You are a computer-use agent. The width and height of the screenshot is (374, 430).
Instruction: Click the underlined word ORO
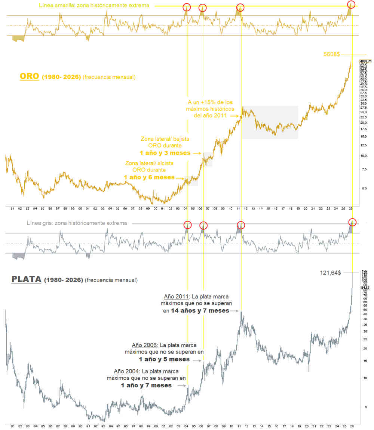[x=30, y=76]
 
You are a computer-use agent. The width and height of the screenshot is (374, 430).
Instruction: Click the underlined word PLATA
[x=26, y=279]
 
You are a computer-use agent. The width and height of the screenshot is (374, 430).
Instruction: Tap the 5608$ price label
[x=331, y=54]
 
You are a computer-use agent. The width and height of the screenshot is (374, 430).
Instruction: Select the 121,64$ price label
[x=331, y=272]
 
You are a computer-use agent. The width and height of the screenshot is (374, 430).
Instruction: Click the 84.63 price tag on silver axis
[x=365, y=288]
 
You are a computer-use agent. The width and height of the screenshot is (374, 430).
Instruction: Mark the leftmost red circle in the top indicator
[x=187, y=7]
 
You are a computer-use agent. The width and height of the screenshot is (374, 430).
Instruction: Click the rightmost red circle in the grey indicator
[x=352, y=221]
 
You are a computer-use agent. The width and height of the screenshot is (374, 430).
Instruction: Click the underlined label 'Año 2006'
[x=144, y=345]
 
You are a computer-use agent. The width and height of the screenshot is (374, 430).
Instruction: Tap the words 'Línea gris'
[x=39, y=223]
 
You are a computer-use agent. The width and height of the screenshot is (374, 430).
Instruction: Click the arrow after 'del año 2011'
[x=234, y=116]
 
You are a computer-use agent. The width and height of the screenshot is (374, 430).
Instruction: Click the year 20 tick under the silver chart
[x=306, y=426]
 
